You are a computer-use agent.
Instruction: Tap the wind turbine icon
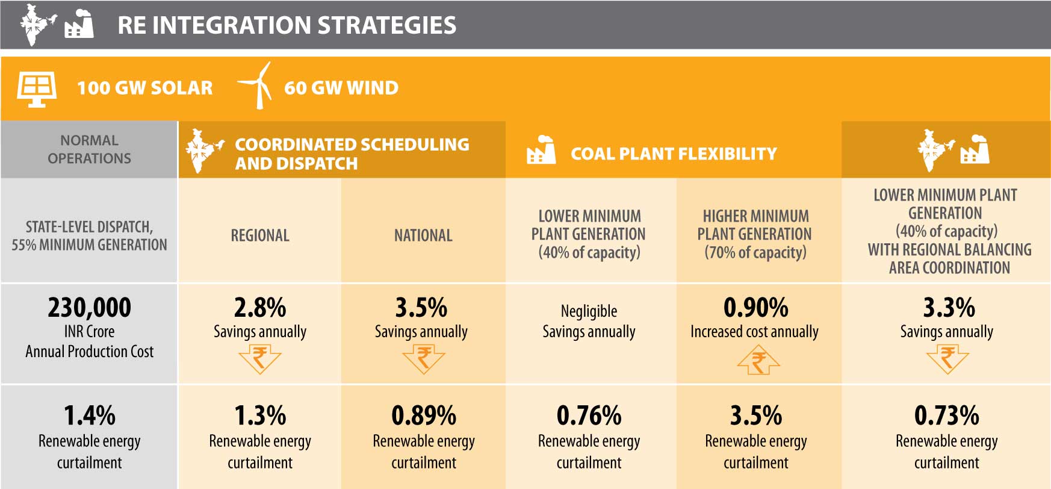(256, 86)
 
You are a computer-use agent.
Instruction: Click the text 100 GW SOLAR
(144, 88)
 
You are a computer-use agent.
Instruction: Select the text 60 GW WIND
(341, 88)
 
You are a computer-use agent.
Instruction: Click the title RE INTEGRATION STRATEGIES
(287, 25)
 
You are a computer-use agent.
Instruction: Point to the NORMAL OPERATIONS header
(89, 149)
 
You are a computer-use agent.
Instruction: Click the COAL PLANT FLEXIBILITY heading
(673, 154)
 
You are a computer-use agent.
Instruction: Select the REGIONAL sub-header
(260, 235)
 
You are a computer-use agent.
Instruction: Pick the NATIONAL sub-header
(423, 235)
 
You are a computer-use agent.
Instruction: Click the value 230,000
(89, 308)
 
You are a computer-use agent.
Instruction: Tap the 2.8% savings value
(260, 308)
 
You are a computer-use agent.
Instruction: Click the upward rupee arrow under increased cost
(758, 361)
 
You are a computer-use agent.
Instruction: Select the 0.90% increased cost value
(755, 308)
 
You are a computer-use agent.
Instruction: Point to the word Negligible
(589, 311)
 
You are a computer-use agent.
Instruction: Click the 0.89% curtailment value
(424, 416)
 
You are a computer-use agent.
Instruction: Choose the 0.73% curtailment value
(946, 416)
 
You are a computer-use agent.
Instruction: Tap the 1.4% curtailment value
(89, 416)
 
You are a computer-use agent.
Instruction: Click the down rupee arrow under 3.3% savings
(947, 360)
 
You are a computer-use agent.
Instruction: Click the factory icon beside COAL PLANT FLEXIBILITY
(541, 151)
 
